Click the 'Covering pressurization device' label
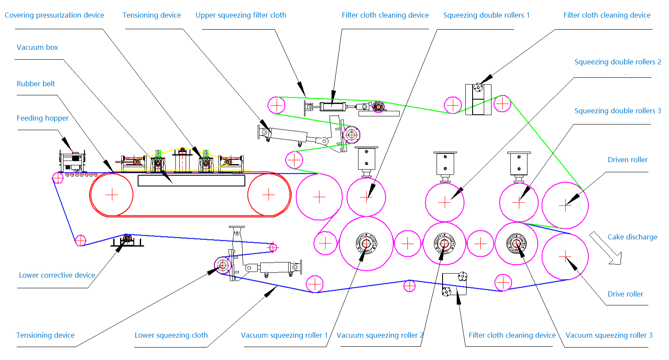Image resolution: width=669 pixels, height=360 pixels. pos(54,15)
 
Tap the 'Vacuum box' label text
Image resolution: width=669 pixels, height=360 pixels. pos(37,48)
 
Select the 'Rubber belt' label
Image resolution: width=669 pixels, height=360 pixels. pos(36,84)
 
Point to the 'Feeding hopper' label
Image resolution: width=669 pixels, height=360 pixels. pos(42,118)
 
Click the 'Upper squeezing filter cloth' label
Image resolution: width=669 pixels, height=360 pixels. pos(241,15)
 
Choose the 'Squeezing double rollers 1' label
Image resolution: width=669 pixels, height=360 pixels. pos(486,15)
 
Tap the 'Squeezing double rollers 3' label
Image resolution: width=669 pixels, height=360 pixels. pos(618,111)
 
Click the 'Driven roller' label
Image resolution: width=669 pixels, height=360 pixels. pos(627,160)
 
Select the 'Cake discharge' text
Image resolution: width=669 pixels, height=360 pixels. pos(632,237)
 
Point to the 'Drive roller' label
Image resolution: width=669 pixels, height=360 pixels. pos(625,294)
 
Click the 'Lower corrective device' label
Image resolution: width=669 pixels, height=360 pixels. pos(57,275)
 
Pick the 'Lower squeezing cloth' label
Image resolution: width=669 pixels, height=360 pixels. pos(171,336)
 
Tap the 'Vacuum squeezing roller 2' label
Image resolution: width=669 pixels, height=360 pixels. pos(380,336)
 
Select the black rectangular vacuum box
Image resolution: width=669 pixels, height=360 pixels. pos(191,180)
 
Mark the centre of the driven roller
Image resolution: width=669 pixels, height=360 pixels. pos(565,205)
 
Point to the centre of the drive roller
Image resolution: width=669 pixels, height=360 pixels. pos(565,257)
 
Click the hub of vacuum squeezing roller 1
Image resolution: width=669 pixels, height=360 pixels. pos(366,244)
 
